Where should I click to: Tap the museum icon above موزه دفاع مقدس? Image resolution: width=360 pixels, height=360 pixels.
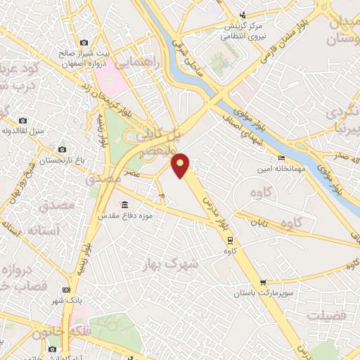124,205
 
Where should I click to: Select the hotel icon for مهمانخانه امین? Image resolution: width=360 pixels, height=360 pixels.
281,158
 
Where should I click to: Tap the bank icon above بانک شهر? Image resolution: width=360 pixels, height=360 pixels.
67,290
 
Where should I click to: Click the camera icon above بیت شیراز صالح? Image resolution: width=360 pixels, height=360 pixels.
84,43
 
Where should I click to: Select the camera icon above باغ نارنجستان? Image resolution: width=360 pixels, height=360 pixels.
62,149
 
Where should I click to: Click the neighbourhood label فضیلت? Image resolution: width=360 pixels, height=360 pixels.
328,316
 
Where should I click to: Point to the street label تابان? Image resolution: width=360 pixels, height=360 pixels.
259,221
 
